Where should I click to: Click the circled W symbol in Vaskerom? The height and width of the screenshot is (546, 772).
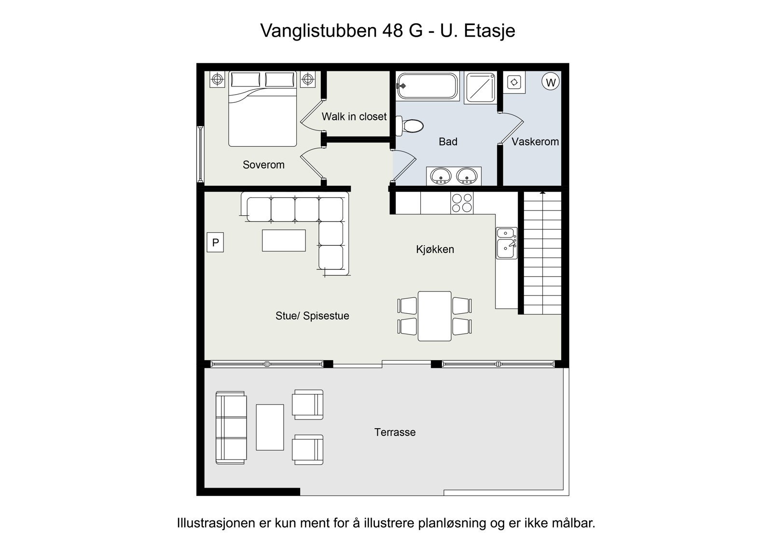coord(551,82)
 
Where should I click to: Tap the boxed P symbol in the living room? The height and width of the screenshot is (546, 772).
coord(215,242)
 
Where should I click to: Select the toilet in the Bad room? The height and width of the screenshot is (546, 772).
coord(410,126)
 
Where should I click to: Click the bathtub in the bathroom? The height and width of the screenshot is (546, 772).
coord(427,86)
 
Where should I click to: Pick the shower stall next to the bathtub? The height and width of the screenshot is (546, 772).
coord(481,87)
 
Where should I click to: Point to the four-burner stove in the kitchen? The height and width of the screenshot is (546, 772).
coord(462,203)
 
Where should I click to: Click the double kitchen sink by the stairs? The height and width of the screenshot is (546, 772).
coord(507,243)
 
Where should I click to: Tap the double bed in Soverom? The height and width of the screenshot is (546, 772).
coord(262,109)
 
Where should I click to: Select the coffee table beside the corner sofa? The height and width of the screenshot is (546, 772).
coord(284,240)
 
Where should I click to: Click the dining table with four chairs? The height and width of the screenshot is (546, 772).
coord(435,316)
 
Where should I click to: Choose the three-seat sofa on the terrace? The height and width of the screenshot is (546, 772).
coord(231,428)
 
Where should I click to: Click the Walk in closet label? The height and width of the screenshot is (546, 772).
coord(354,116)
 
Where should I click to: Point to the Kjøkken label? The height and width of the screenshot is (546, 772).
coord(435,250)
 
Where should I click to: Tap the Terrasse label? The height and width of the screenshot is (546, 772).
coord(395,432)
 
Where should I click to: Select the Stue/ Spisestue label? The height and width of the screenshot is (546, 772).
coord(312,316)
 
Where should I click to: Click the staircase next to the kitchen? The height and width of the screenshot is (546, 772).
coord(542,253)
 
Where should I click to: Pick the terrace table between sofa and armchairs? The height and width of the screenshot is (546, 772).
coord(270,427)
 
